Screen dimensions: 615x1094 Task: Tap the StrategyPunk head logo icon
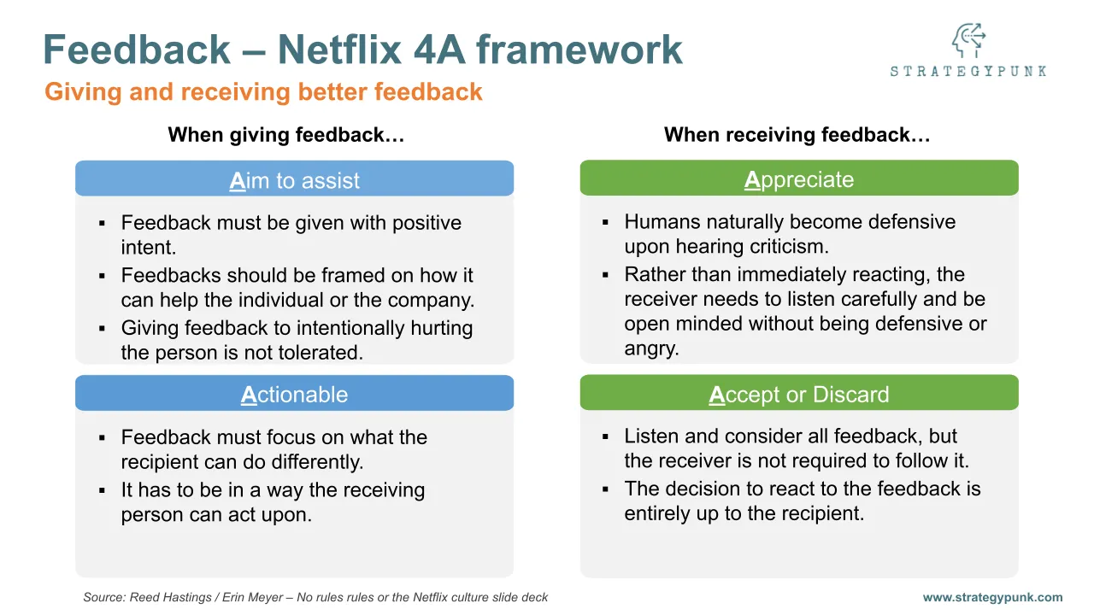968,41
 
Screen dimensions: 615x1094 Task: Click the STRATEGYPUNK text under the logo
968,71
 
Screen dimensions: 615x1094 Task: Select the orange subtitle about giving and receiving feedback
263,92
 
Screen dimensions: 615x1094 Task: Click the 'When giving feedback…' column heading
286,135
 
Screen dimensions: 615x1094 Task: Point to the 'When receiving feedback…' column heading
797,135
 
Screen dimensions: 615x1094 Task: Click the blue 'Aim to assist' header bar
294,180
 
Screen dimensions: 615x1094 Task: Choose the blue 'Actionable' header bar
294,395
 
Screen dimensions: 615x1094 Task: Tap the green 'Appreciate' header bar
799,179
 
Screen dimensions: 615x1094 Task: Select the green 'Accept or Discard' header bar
799,395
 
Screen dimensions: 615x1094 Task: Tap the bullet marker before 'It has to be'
102,490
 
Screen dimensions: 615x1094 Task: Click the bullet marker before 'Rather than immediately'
605,275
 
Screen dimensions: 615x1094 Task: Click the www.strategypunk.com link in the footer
992,598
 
